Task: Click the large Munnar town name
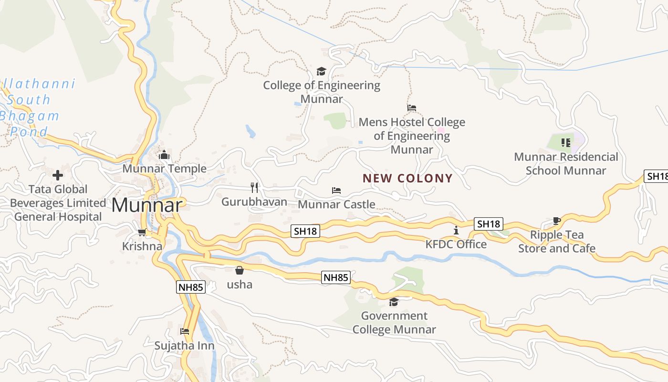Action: (x=147, y=205)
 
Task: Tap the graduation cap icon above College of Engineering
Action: (x=321, y=72)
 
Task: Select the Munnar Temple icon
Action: (x=164, y=155)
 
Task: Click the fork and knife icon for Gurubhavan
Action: (x=254, y=188)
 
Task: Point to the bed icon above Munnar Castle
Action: (x=336, y=191)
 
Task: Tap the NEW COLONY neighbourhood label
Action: (x=407, y=179)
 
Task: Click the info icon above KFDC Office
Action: (x=456, y=231)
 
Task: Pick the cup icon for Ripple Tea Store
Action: (x=556, y=221)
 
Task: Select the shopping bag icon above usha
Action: (x=240, y=270)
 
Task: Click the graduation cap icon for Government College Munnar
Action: (x=394, y=302)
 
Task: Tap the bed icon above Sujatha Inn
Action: (x=185, y=331)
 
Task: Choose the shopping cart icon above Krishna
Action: (x=142, y=233)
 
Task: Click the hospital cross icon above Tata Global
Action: (x=58, y=175)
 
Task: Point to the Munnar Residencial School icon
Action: (x=565, y=142)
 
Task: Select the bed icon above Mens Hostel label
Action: (x=412, y=108)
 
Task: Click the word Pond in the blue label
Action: (x=30, y=132)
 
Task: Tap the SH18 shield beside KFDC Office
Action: (x=489, y=223)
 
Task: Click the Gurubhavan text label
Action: (x=254, y=202)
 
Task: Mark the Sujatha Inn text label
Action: (x=184, y=345)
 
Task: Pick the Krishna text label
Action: (x=142, y=246)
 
